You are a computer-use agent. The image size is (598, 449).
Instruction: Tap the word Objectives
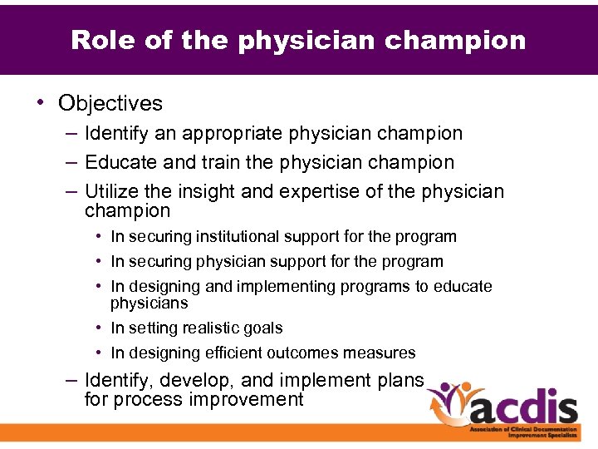[110, 103]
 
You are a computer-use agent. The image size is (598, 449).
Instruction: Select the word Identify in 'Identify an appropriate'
[115, 133]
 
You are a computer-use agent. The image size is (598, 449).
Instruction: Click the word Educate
[119, 162]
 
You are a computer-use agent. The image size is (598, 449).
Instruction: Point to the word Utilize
[110, 192]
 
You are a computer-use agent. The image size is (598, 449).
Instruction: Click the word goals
[263, 328]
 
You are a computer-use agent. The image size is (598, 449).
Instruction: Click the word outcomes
[306, 353]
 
